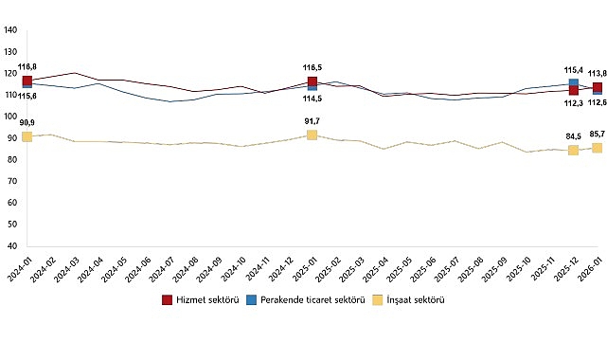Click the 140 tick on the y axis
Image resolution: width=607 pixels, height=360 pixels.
coord(11,30)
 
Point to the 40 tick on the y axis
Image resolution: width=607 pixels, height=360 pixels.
coord(11,246)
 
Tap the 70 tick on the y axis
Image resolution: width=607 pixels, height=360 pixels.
coord(11,182)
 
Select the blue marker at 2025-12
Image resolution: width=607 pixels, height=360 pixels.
coord(573,83)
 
